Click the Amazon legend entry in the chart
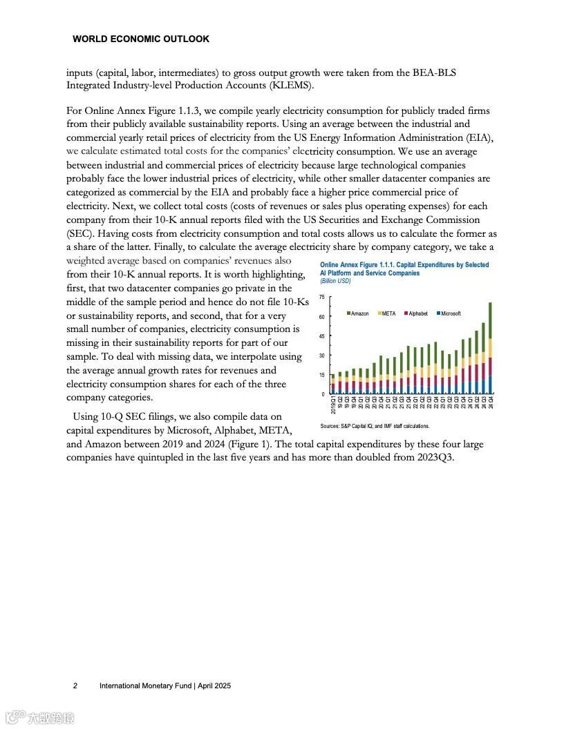coord(359,313)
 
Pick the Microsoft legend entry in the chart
coord(450,313)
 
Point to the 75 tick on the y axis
coord(322,298)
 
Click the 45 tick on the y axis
coord(322,336)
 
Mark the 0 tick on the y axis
coord(323,394)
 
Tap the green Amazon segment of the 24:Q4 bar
coord(490,320)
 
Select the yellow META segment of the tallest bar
coord(490,348)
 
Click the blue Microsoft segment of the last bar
coord(490,385)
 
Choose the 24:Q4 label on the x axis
coord(491,402)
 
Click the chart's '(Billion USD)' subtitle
coord(335,282)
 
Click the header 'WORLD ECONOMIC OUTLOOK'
coord(141,39)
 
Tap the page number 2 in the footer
coord(75,686)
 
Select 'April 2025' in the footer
coord(215,686)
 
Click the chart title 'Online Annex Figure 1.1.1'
coord(359,265)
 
